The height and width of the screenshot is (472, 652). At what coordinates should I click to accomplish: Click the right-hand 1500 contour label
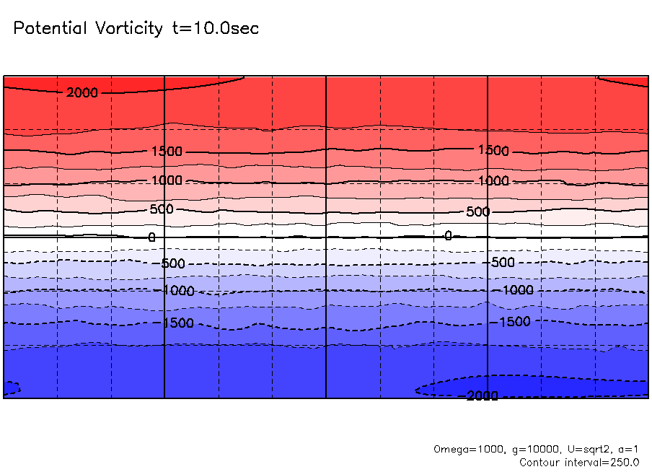click(493, 151)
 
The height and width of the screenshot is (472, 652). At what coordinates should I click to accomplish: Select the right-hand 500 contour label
click(477, 212)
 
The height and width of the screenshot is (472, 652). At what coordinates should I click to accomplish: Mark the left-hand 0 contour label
click(151, 237)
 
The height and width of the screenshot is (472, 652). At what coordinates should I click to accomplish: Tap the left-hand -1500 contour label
click(177, 323)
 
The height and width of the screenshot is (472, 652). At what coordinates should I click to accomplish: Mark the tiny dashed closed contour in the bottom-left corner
click(12, 388)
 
